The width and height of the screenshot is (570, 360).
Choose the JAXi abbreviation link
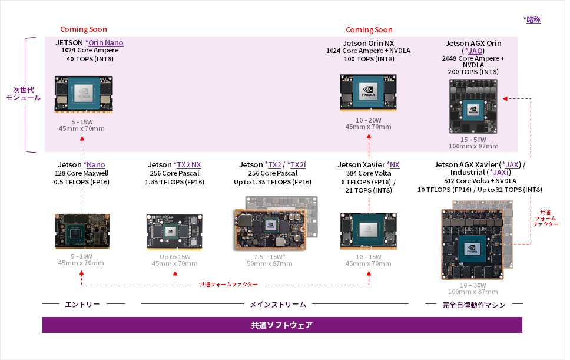[x=501, y=172]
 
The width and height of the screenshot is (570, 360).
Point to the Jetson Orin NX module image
[x=368, y=93]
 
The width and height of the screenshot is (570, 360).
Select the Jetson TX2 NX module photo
[x=175, y=232]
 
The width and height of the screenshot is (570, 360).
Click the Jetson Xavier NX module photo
[x=368, y=232]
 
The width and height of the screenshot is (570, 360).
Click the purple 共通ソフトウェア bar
[x=281, y=325]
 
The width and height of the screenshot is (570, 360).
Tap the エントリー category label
[x=82, y=304]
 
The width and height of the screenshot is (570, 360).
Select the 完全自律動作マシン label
[x=473, y=304]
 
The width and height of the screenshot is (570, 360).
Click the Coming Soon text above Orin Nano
[x=84, y=29]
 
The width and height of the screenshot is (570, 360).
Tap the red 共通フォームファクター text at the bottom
[x=228, y=284]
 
